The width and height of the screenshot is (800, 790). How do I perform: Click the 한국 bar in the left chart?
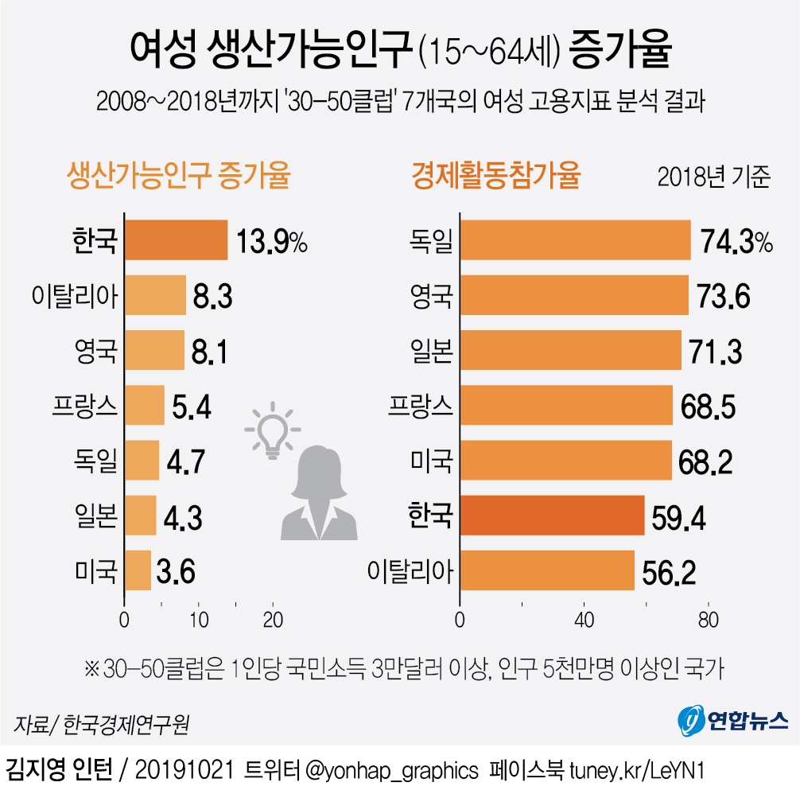(177, 240)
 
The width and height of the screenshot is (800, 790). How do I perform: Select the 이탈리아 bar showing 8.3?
(156, 296)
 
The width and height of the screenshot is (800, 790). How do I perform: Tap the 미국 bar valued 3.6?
(138, 570)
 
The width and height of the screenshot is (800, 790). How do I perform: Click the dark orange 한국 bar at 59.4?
(553, 516)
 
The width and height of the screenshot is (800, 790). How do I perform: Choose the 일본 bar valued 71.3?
(571, 351)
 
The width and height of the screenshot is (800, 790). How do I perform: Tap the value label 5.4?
(192, 407)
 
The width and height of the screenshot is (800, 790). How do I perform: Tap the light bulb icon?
(272, 432)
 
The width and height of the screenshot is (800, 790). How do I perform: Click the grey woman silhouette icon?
(320, 493)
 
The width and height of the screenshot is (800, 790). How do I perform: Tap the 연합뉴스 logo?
(732, 720)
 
